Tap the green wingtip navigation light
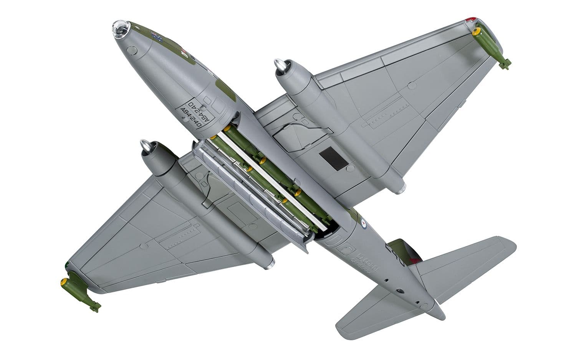[68, 265]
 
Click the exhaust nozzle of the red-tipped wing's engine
[401, 188]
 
